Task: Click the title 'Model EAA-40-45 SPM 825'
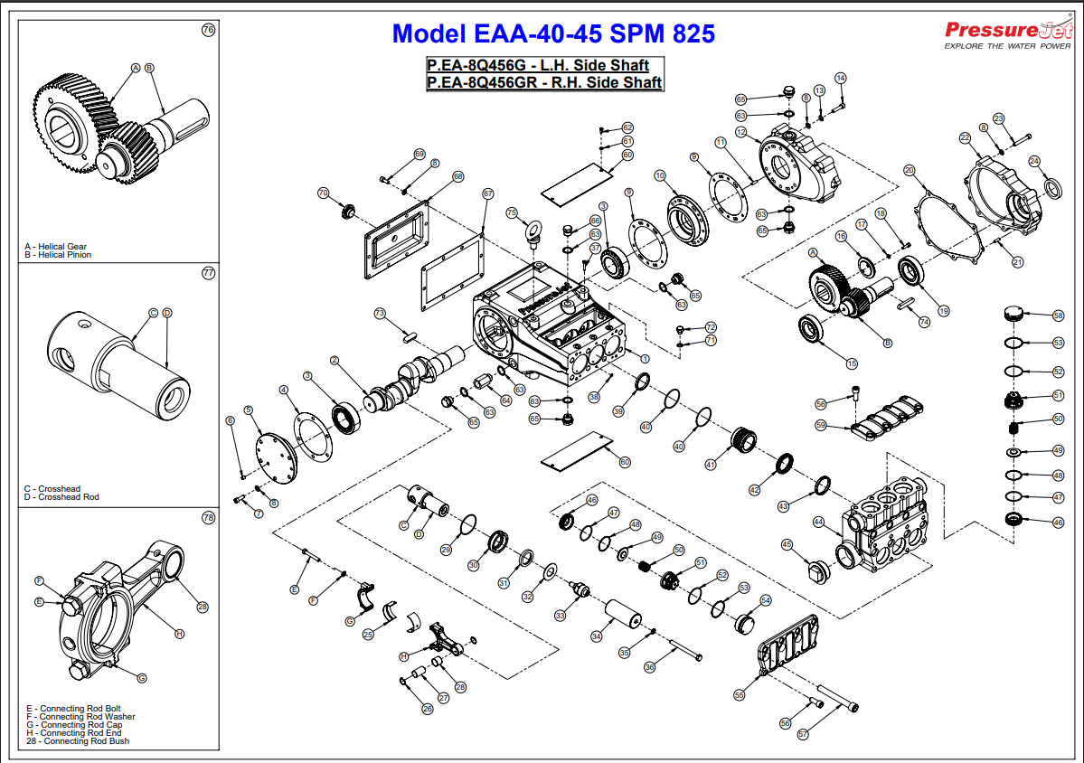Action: (x=553, y=34)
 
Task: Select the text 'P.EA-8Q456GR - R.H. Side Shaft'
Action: (x=545, y=82)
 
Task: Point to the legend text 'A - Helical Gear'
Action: (x=57, y=247)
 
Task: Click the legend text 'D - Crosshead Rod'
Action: (x=61, y=497)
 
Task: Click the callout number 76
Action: (x=208, y=30)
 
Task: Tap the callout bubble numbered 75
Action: (x=512, y=213)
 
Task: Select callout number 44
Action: (x=818, y=522)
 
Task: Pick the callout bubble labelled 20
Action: (x=910, y=170)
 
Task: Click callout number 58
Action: (x=1058, y=316)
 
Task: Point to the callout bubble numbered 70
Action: (x=323, y=193)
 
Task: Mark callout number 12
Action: (x=740, y=133)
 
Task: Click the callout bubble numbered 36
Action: (x=649, y=667)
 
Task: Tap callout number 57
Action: (x=802, y=735)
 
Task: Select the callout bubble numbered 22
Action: (x=965, y=137)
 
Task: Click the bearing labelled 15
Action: (x=813, y=329)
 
